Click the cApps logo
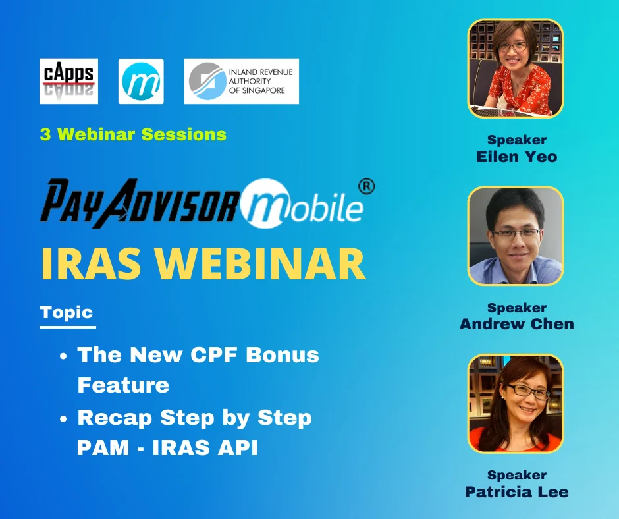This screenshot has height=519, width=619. (x=68, y=81)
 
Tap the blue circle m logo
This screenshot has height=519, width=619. (x=141, y=81)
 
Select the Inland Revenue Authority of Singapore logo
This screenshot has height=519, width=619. (x=241, y=81)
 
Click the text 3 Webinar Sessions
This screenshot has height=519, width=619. (x=133, y=134)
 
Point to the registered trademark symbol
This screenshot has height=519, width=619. (x=366, y=187)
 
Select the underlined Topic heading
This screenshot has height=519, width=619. (x=67, y=312)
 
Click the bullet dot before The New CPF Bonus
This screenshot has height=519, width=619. (x=63, y=356)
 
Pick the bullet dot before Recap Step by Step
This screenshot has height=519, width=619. (x=63, y=418)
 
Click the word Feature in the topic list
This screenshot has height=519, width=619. (x=123, y=385)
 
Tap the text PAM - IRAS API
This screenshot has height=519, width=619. (x=167, y=448)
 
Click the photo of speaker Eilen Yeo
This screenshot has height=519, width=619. (x=516, y=68)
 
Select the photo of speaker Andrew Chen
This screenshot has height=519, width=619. (x=516, y=235)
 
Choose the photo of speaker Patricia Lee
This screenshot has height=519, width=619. (x=516, y=403)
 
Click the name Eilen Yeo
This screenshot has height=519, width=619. (x=516, y=156)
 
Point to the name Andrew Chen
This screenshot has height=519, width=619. (x=516, y=323)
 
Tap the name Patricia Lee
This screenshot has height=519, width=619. (x=516, y=491)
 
